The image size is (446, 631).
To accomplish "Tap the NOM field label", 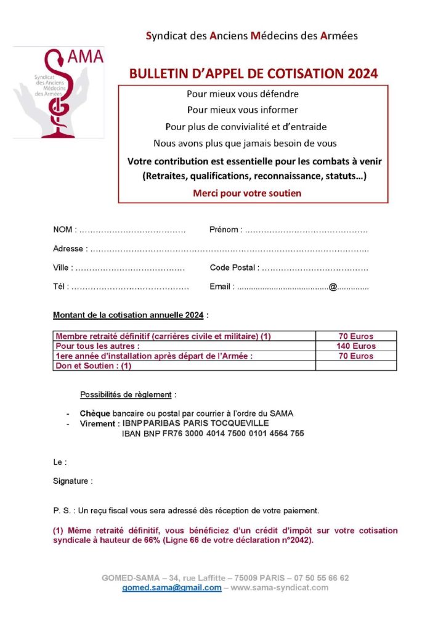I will (63, 230).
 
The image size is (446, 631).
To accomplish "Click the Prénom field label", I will (224, 230).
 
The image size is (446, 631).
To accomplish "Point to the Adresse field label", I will (68, 249).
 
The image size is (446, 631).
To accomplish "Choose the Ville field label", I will (62, 267).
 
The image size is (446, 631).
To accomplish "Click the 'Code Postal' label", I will (233, 267).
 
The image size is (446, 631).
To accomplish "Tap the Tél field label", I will (60, 287).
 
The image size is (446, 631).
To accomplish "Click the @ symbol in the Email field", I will (333, 287).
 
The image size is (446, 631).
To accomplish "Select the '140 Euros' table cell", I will (355, 346).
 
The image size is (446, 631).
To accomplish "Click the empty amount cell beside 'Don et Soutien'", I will (355, 365).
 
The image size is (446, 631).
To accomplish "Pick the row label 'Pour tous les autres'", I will (97, 346).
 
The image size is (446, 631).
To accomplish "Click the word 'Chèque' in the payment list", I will (94, 413).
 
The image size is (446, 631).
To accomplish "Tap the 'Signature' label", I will (71, 481).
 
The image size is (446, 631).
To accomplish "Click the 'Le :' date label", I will (60, 462).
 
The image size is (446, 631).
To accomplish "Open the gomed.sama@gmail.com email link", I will (171, 588).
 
